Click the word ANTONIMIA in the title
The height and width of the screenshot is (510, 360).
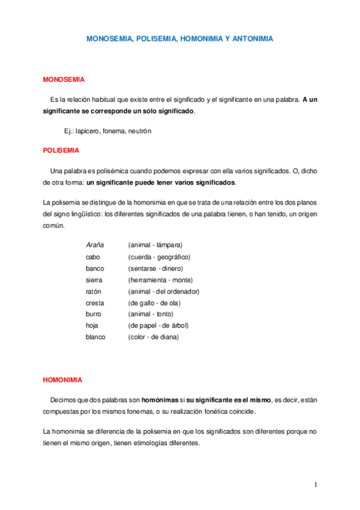253,38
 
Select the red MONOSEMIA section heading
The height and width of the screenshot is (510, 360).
64,79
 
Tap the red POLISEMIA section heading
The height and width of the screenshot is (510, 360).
61,150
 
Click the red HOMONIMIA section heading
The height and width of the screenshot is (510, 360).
63,380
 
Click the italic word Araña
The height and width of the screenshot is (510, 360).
95,245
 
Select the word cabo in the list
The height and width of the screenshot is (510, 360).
93,257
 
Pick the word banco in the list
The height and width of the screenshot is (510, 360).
95,268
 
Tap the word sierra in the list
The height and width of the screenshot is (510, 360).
94,280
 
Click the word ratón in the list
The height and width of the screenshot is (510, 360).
94,291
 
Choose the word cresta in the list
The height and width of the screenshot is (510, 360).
95,303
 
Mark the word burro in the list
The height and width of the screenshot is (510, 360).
94,314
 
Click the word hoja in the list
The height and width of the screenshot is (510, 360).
92,325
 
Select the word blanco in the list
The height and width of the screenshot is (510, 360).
96,337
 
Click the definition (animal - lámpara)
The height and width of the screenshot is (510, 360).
155,245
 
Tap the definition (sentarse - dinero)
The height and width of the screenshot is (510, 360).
156,268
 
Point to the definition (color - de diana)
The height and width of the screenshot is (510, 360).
153,337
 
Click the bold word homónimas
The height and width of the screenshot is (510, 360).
160,399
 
